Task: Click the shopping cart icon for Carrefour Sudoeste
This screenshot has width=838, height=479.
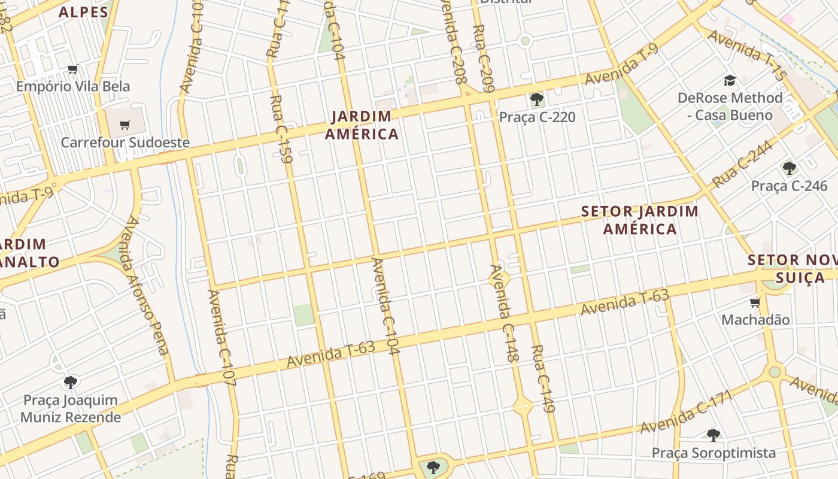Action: pyautogui.click(x=125, y=125)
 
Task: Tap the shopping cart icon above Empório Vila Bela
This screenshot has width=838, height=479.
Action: pyautogui.click(x=73, y=69)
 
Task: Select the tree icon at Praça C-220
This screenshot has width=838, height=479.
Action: pyautogui.click(x=536, y=99)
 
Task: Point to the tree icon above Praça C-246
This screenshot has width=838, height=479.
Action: pyautogui.click(x=789, y=168)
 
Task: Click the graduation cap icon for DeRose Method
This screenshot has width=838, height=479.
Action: pyautogui.click(x=730, y=80)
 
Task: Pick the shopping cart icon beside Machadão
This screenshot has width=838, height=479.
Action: pyautogui.click(x=755, y=302)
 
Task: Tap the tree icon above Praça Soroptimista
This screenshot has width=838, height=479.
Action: pyautogui.click(x=713, y=435)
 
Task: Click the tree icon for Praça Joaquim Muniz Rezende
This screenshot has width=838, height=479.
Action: pyautogui.click(x=71, y=382)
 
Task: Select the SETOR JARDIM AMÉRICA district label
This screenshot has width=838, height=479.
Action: pyautogui.click(x=640, y=220)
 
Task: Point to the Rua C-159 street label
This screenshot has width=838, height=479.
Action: pyautogui.click(x=280, y=129)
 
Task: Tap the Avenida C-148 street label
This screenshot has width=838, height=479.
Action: pyautogui.click(x=503, y=313)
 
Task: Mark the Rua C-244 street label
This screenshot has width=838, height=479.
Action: pyautogui.click(x=742, y=167)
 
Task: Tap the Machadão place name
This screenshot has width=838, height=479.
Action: pyautogui.click(x=755, y=320)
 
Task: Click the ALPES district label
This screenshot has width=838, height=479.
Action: pyautogui.click(x=83, y=12)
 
